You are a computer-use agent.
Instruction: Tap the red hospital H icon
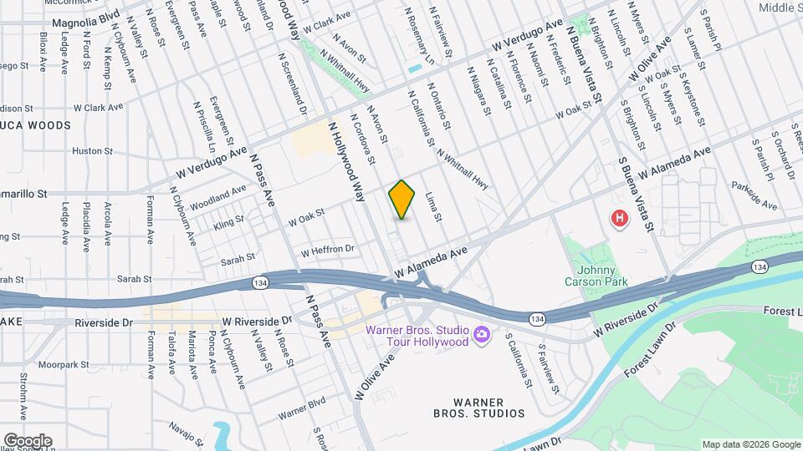(x=620, y=219)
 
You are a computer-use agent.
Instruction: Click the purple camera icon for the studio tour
(x=482, y=335)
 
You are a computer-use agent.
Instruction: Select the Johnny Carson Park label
(x=596, y=276)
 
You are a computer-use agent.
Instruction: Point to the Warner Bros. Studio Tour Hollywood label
(x=417, y=335)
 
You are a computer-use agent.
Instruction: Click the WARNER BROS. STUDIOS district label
(x=479, y=406)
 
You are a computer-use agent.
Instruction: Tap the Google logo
(x=28, y=440)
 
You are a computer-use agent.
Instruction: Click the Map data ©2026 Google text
(x=750, y=444)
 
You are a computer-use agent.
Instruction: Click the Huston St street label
(x=92, y=151)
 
